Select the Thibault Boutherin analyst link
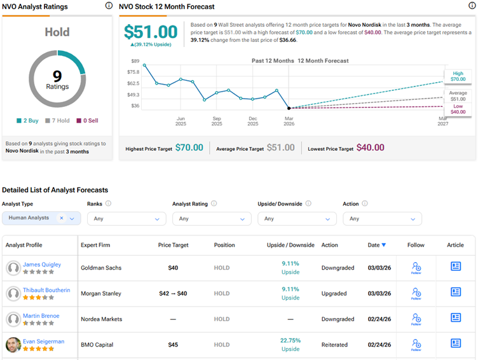(x=46, y=290)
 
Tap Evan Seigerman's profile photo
(x=13, y=345)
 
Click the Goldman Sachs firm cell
(x=100, y=268)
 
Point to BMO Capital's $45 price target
(x=173, y=345)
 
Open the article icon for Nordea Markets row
(x=456, y=317)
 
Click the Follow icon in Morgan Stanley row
(x=416, y=293)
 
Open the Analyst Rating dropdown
(x=212, y=218)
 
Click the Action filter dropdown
(x=382, y=218)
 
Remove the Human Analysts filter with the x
(x=62, y=218)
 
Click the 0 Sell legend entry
(x=87, y=120)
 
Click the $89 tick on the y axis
(x=134, y=60)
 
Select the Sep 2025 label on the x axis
(x=217, y=121)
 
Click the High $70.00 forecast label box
(x=458, y=76)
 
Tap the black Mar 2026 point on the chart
(x=289, y=108)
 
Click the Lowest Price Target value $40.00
(x=370, y=148)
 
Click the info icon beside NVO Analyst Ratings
(x=109, y=6)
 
